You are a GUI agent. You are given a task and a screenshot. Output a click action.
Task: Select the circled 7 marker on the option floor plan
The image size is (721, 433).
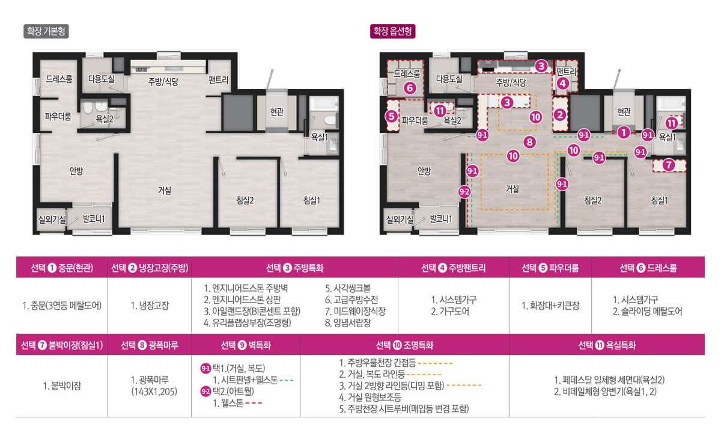[x=669, y=164]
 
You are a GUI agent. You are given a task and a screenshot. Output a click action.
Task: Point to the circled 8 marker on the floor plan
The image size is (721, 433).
[x=529, y=142]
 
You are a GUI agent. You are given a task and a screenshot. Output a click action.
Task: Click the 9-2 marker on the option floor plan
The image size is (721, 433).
[x=464, y=192]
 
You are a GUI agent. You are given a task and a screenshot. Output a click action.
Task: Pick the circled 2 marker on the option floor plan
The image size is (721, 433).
[x=559, y=114]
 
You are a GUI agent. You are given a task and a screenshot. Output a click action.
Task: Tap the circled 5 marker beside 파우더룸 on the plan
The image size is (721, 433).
[x=392, y=117]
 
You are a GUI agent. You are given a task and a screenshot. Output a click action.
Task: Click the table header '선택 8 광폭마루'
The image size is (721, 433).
[x=150, y=345]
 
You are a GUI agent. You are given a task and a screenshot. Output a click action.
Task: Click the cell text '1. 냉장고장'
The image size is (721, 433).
[x=150, y=306]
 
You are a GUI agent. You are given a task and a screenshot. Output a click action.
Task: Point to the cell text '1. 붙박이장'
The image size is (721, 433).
[x=62, y=385]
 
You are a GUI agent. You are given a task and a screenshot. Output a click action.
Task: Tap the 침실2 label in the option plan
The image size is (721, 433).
[x=592, y=200]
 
